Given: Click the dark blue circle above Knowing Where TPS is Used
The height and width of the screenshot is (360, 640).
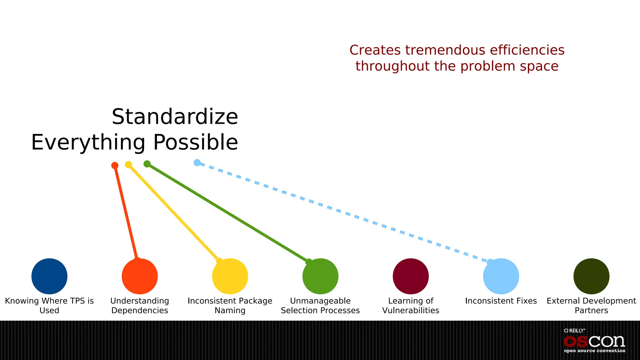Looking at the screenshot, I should pyautogui.click(x=49, y=276).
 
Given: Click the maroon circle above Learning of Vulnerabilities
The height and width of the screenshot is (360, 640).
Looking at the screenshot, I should pyautogui.click(x=411, y=276).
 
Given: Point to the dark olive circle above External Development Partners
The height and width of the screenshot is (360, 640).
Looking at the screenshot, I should pyautogui.click(x=591, y=276).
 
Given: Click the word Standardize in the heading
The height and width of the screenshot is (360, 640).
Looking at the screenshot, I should pyautogui.click(x=175, y=117).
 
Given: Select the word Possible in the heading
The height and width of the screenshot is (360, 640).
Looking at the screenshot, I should pyautogui.click(x=196, y=142).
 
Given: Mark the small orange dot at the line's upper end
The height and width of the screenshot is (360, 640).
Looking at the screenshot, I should pyautogui.click(x=115, y=165).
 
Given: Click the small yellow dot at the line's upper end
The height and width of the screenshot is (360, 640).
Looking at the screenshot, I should pyautogui.click(x=128, y=164).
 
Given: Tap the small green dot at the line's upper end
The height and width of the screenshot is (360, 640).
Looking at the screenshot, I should pyautogui.click(x=147, y=164).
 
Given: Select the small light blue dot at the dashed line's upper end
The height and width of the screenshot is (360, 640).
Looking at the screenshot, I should pyautogui.click(x=197, y=162).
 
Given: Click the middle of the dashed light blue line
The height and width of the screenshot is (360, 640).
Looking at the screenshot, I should pyautogui.click(x=344, y=212).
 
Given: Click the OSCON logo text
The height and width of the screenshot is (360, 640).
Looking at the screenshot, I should pyautogui.click(x=594, y=342).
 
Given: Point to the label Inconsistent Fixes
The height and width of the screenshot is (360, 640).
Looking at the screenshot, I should pyautogui.click(x=501, y=301).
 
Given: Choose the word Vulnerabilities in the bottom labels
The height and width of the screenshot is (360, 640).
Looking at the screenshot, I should pyautogui.click(x=411, y=311).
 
